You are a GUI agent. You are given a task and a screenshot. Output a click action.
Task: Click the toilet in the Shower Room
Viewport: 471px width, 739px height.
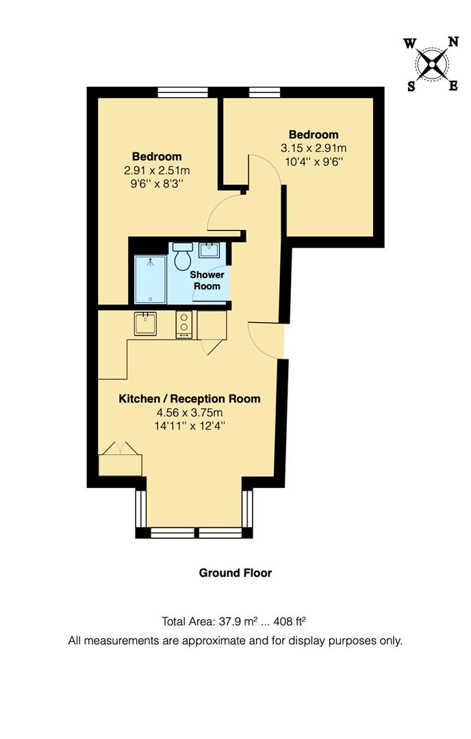tap(182, 257)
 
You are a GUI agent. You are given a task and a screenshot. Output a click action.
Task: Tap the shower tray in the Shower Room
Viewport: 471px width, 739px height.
tap(149, 279)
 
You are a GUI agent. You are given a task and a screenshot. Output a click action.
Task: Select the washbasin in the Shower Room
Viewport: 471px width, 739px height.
tap(209, 250)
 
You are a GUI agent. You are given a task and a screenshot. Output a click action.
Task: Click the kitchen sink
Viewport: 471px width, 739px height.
tap(145, 323)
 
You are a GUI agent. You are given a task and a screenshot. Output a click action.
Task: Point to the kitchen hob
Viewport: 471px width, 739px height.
tap(184, 324)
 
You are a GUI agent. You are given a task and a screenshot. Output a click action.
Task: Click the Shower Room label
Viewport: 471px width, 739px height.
tap(207, 280)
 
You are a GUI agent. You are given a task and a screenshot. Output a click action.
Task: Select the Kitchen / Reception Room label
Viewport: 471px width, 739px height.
tap(190, 399)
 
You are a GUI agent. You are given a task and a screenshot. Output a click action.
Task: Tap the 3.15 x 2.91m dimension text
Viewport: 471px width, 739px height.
tap(313, 148)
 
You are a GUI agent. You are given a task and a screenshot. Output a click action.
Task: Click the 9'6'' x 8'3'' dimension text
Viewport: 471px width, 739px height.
tap(157, 183)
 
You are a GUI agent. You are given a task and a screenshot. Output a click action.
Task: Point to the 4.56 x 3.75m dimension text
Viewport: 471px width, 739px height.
tap(190, 413)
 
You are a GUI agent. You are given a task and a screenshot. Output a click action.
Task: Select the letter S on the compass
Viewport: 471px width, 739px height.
tap(411, 86)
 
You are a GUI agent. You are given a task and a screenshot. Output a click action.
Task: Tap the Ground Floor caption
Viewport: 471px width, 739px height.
tap(235, 573)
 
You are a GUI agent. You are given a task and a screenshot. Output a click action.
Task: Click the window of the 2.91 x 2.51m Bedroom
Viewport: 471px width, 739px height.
tap(173, 92)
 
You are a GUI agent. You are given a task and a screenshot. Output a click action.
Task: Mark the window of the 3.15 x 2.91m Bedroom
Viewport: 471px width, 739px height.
tap(265, 92)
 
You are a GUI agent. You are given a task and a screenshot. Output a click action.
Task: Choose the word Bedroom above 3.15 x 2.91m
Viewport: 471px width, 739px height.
tap(313, 134)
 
